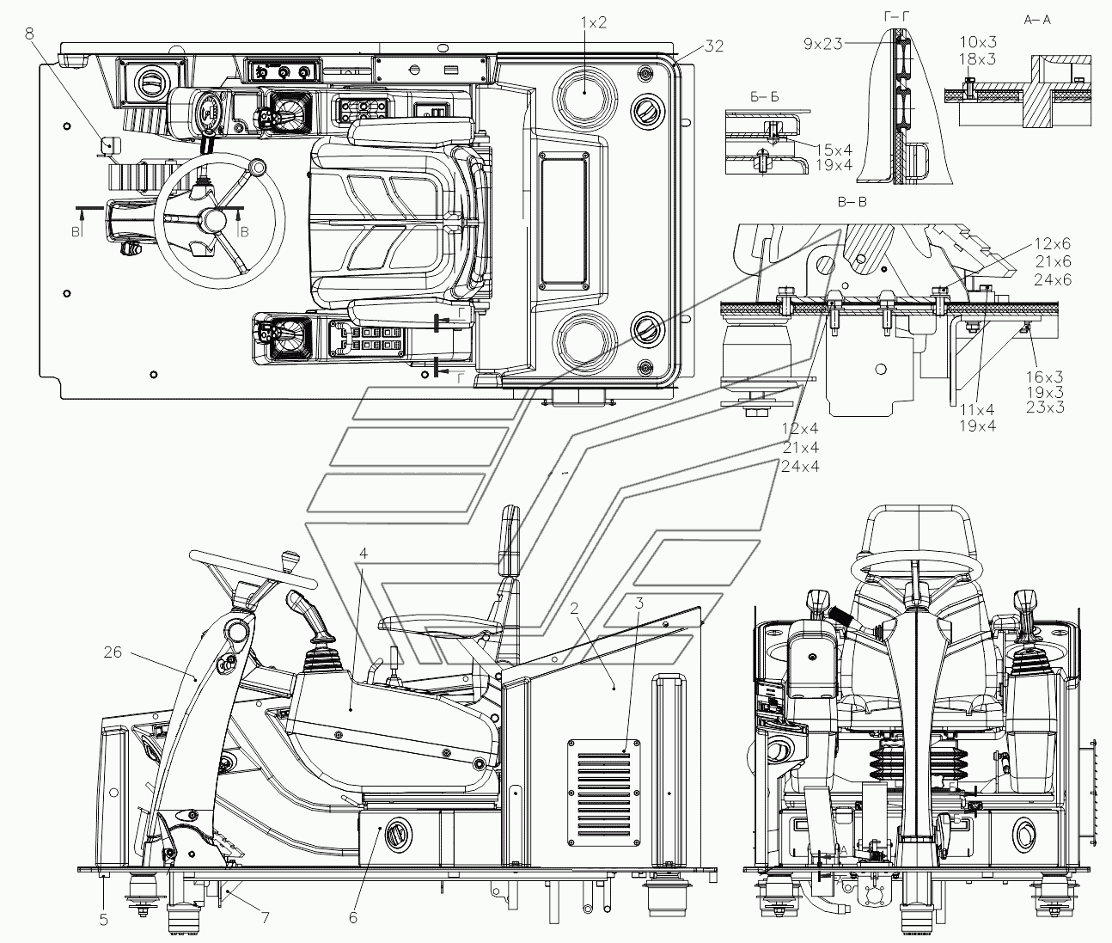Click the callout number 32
[x=714, y=46]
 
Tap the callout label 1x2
[x=594, y=22]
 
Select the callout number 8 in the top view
[x=29, y=34]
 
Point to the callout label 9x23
[x=823, y=44]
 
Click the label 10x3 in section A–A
[x=979, y=41]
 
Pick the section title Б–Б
[x=765, y=97]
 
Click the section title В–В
[x=852, y=202]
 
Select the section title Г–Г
[x=897, y=18]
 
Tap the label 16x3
[x=1045, y=377]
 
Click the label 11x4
[x=977, y=410]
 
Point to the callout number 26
[x=113, y=652]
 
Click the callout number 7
[x=266, y=918]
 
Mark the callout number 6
[x=353, y=918]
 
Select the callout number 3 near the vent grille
[x=638, y=603]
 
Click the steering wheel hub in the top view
[x=215, y=219]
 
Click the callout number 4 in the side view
[x=364, y=554]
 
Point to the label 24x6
[x=1053, y=280]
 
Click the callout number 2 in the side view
[x=574, y=609]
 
